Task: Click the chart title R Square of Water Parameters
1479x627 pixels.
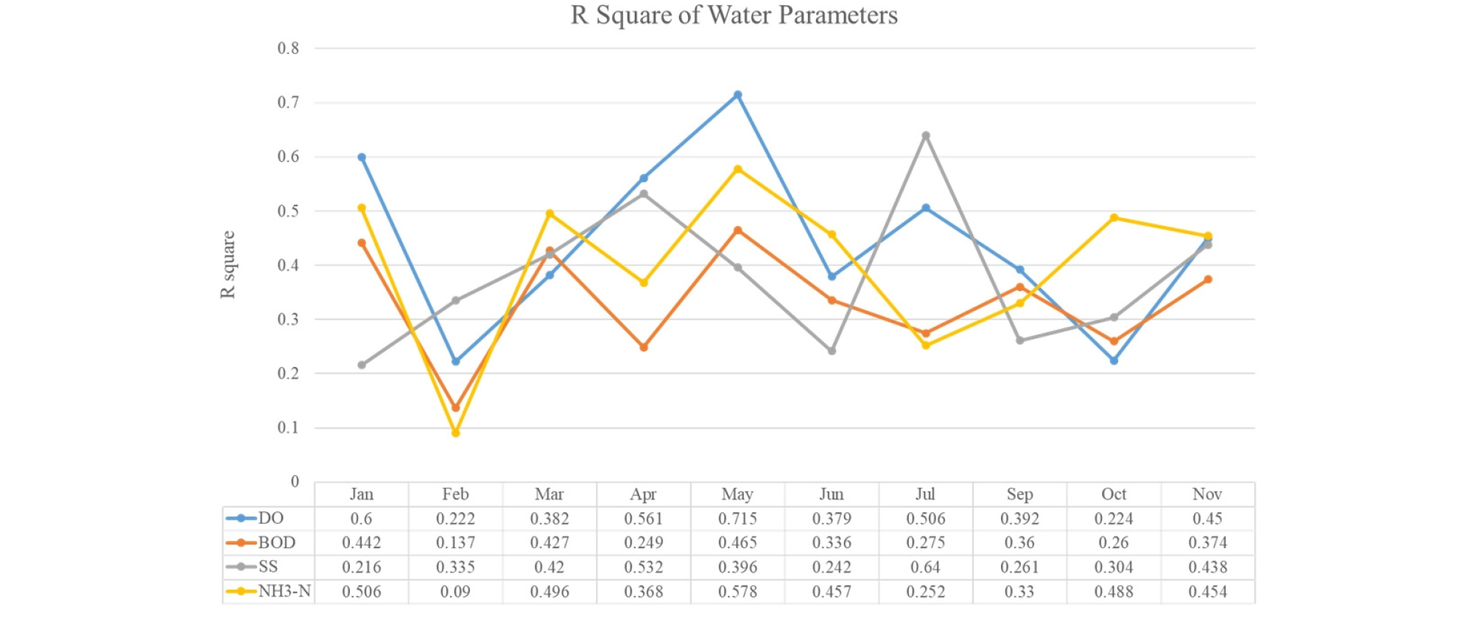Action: click(734, 15)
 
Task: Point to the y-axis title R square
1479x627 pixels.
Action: click(228, 265)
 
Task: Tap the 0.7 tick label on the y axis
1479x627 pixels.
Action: click(288, 102)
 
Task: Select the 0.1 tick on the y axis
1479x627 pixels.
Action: click(288, 427)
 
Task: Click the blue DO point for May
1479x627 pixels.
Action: click(737, 95)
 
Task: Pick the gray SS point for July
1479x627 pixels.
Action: click(926, 136)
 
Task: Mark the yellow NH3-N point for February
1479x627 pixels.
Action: click(455, 432)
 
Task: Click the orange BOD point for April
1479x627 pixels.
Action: click(644, 347)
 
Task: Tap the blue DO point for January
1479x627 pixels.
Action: click(362, 157)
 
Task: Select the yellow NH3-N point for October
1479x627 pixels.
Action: click(1114, 218)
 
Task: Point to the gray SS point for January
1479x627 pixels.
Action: click(362, 365)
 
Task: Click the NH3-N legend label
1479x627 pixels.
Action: click(284, 591)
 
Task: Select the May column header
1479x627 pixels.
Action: click(737, 494)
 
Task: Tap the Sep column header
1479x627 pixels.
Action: click(1019, 494)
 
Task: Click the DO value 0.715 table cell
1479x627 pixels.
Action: click(737, 519)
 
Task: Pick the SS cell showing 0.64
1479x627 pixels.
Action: click(926, 567)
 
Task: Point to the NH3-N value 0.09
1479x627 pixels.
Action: click(455, 592)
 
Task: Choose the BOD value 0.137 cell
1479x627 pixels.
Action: click(455, 543)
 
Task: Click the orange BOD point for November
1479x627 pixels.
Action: click(1208, 279)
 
